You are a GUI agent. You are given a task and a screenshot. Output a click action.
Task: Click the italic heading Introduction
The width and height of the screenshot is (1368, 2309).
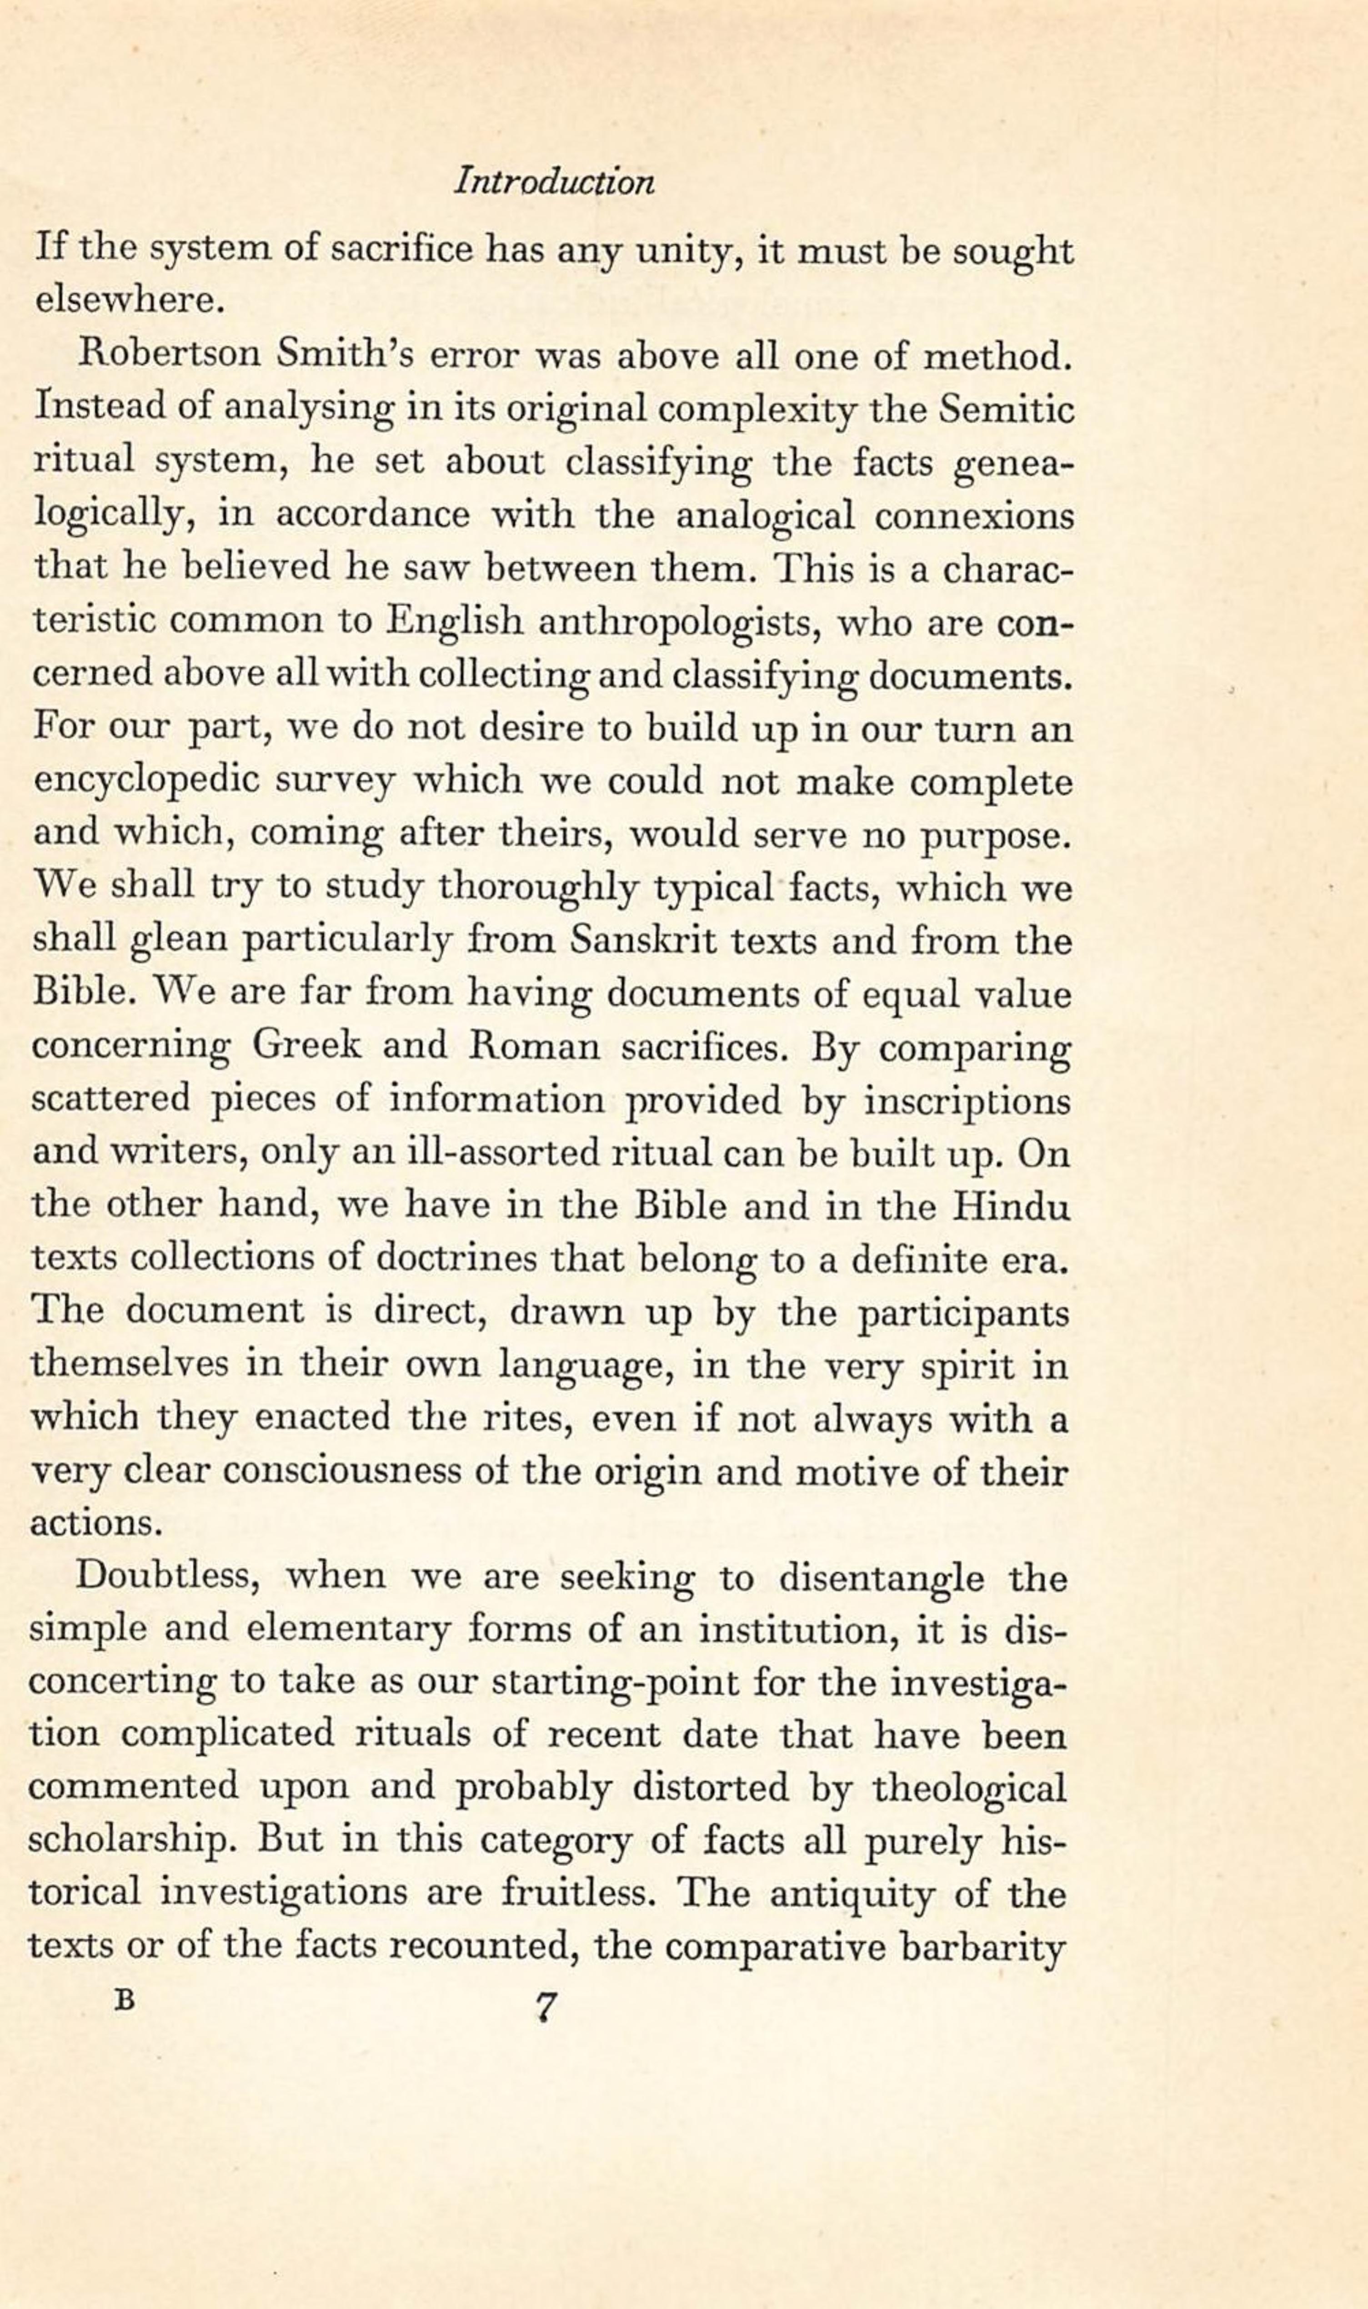554,181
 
